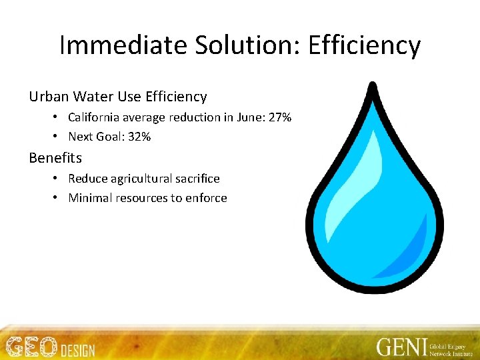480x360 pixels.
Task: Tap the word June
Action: click(x=247, y=117)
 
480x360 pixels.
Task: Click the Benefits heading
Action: click(x=55, y=158)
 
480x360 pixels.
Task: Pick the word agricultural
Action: click(x=143, y=179)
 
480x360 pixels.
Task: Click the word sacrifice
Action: click(x=197, y=179)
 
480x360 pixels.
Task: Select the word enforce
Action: click(x=207, y=198)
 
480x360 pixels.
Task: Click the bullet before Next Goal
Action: click(x=59, y=137)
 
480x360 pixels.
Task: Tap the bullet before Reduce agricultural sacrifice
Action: click(x=59, y=179)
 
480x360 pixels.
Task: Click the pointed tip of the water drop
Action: click(x=373, y=86)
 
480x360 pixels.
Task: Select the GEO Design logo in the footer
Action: click(x=50, y=347)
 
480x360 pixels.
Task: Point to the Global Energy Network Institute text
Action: click(x=450, y=347)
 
